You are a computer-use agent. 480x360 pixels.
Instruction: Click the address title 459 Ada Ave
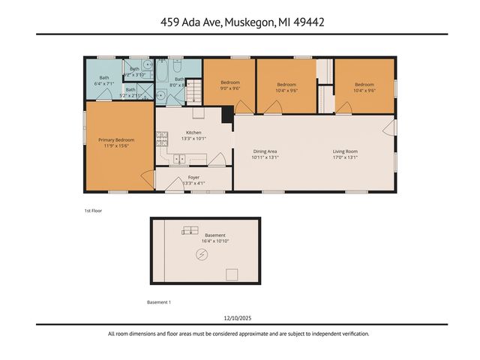[x=239, y=22]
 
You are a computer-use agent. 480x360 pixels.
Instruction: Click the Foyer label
[x=194, y=179]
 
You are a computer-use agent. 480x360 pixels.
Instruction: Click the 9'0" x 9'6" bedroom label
[x=230, y=85]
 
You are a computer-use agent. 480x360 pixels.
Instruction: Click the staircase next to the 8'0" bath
[x=193, y=94]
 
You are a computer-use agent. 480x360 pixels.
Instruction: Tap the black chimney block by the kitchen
[x=226, y=115]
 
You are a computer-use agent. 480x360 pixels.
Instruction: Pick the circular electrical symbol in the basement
[x=201, y=256]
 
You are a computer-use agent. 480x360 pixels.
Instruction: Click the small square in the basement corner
[x=232, y=274]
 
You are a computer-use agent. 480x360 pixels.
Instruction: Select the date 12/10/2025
[x=239, y=318]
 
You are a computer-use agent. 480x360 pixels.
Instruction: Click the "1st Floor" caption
[x=93, y=211]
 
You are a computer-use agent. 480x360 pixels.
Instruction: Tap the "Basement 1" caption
[x=159, y=302]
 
